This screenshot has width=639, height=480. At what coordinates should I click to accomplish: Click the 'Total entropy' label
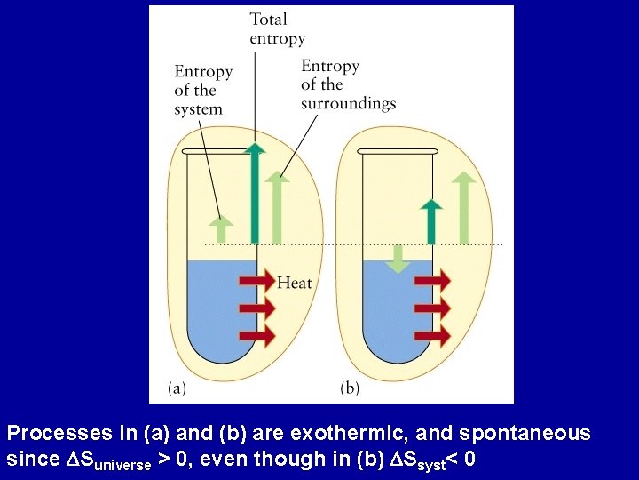pos(277,28)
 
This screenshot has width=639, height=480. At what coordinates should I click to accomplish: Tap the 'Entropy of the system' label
pos(203,90)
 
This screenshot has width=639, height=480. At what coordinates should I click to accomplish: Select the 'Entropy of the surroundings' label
pos(347,84)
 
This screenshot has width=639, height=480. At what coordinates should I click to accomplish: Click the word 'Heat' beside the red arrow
pos(295,283)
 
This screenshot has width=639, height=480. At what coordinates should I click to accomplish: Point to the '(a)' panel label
pos(177,388)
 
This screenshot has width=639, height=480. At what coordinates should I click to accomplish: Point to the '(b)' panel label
pos(351,388)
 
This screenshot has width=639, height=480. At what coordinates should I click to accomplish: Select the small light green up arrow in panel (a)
pos(222,228)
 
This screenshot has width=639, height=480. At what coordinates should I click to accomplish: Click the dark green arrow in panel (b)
pos(431,221)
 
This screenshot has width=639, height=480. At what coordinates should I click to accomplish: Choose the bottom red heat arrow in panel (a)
pos(257,337)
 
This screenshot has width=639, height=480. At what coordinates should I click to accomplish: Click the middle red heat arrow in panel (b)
pos(432,308)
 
